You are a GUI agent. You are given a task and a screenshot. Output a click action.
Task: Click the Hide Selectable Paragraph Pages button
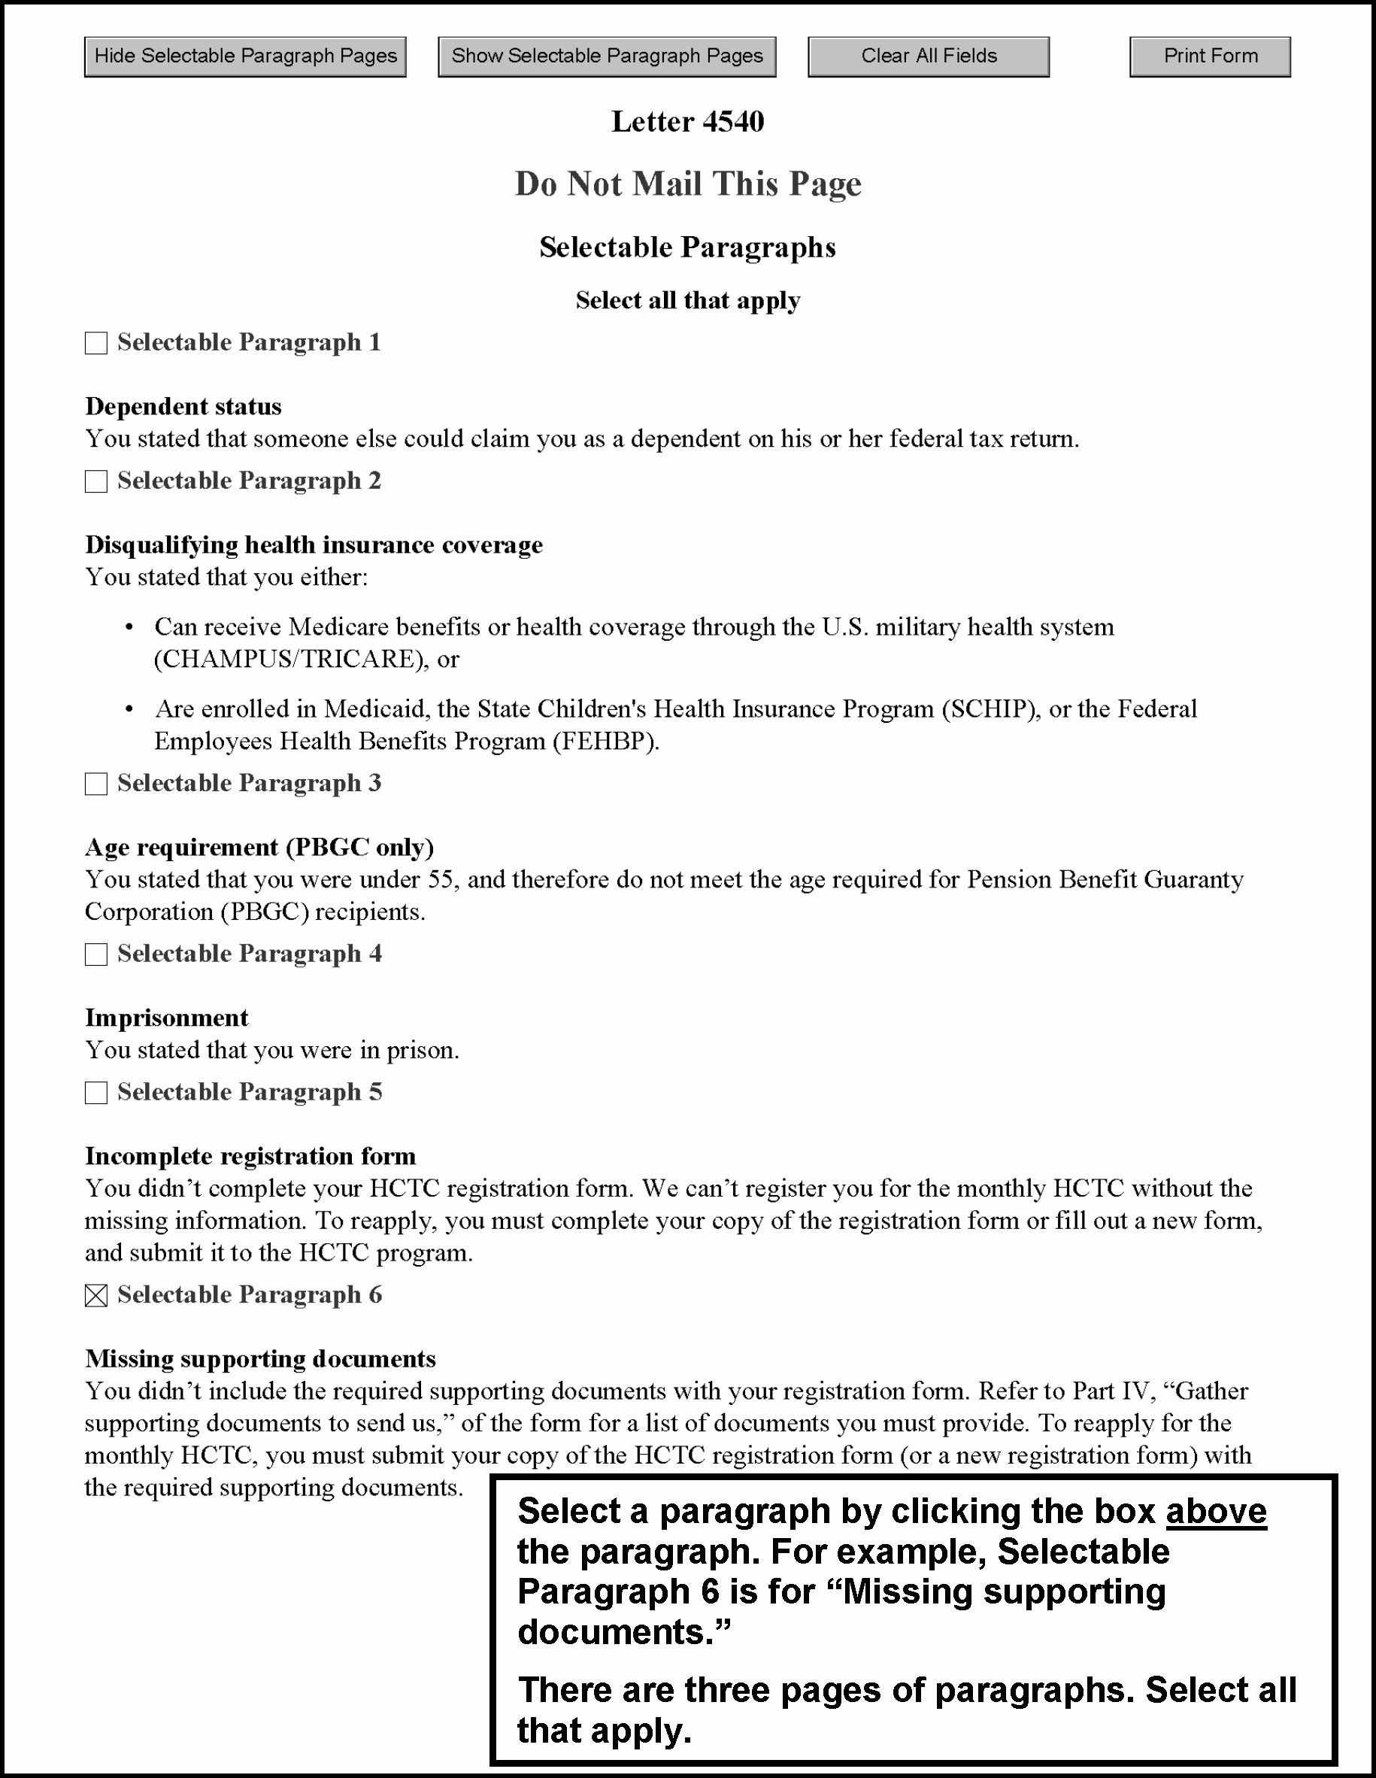[245, 56]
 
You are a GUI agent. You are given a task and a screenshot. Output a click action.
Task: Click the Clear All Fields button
[929, 56]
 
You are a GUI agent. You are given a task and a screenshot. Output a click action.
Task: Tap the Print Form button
[1210, 56]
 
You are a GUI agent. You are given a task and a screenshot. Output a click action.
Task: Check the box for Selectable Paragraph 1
[96, 343]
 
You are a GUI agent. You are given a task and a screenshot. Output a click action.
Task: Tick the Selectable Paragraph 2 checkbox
[96, 481]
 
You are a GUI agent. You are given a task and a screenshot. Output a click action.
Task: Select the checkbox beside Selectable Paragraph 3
[96, 783]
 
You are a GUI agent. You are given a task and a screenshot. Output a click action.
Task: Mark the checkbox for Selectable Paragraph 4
[96, 954]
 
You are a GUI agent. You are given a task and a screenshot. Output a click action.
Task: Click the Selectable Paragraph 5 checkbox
[96, 1093]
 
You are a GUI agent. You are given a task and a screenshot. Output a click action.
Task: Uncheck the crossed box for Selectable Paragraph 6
[96, 1295]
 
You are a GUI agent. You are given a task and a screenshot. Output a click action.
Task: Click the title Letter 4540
[687, 122]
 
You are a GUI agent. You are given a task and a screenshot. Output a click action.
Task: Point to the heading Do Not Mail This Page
[687, 184]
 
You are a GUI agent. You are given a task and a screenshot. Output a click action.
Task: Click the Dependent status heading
[183, 406]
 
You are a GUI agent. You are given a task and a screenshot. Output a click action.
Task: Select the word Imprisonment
[167, 1018]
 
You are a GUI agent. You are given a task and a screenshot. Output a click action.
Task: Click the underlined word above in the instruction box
[1216, 1511]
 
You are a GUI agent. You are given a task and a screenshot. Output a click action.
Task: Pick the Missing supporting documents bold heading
[260, 1359]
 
